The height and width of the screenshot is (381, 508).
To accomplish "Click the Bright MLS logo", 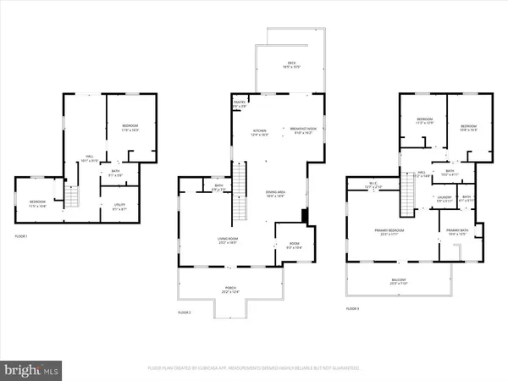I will tap(31, 369).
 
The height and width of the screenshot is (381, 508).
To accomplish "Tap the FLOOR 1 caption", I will tap(23, 235).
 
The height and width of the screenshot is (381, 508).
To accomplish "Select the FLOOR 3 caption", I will tap(353, 308).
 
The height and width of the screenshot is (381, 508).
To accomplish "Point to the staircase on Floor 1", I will tap(73, 197).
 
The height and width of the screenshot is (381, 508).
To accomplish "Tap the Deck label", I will tap(291, 64).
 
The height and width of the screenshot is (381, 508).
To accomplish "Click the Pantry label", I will tap(239, 104).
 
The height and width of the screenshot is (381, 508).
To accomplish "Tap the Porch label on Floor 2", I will tap(230, 290).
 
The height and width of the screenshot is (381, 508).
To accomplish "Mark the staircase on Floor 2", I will tap(239, 182).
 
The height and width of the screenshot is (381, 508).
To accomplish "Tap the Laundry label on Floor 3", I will tap(444, 199).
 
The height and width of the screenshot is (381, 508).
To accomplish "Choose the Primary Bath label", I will tap(458, 231).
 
